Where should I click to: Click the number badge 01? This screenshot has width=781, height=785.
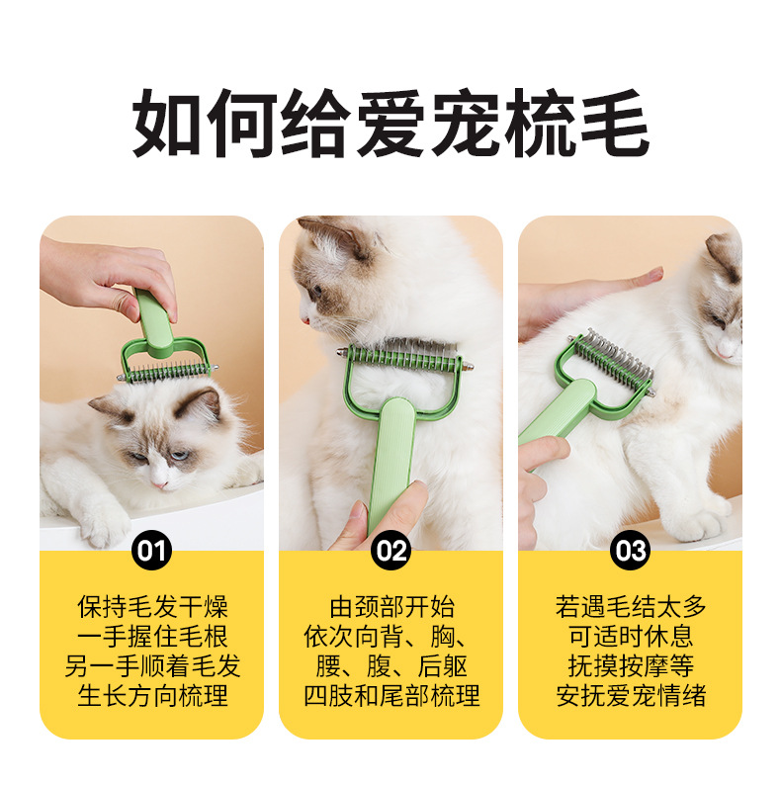point(151,550)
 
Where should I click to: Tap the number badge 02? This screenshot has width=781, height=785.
point(390,550)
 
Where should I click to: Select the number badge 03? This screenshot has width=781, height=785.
point(630,550)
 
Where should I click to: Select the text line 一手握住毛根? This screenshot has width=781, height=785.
point(152,636)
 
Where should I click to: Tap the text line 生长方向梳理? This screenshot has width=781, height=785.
point(152,695)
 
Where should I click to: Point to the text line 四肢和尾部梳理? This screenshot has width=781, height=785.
point(391,695)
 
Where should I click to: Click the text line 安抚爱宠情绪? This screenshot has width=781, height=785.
point(631,695)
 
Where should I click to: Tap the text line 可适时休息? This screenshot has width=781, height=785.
point(631,636)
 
